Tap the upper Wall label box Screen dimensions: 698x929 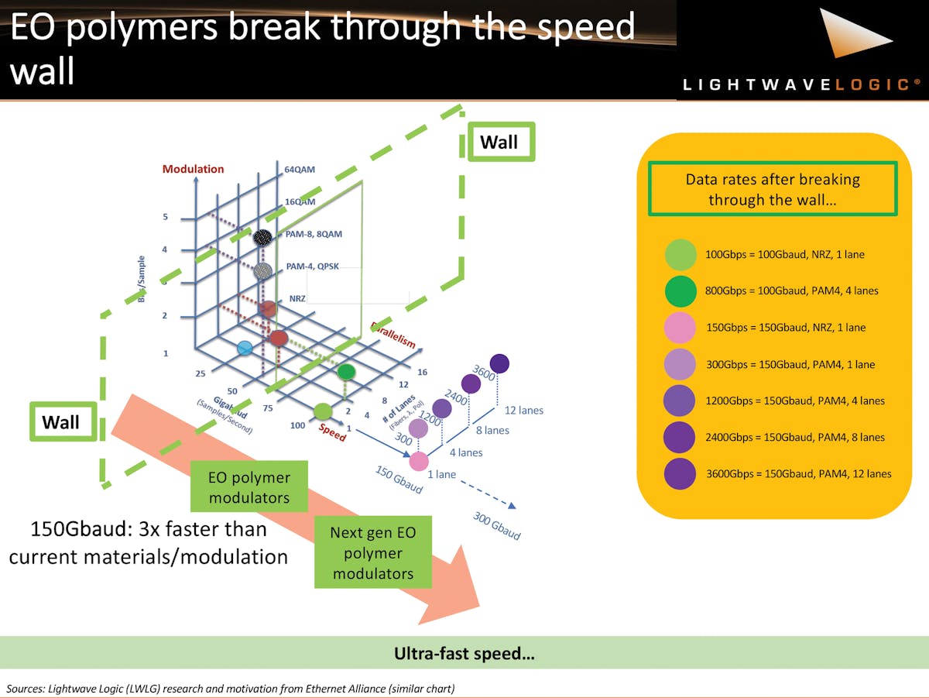[500, 142]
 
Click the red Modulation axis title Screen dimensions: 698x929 [193, 169]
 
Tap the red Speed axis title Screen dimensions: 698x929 [333, 434]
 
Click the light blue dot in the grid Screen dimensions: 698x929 [245, 348]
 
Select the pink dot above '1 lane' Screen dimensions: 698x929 [419, 461]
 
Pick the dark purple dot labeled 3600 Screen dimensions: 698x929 [499, 363]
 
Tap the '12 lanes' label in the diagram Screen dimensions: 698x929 [523, 410]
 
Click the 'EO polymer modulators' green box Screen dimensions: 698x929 [249, 487]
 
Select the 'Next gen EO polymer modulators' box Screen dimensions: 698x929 [372, 553]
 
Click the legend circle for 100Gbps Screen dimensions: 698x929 [680, 254]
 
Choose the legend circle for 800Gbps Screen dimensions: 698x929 [680, 291]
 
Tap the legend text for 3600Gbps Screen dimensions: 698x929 [798, 473]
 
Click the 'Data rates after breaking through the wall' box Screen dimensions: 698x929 [773, 189]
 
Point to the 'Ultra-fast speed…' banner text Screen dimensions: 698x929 [464, 654]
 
